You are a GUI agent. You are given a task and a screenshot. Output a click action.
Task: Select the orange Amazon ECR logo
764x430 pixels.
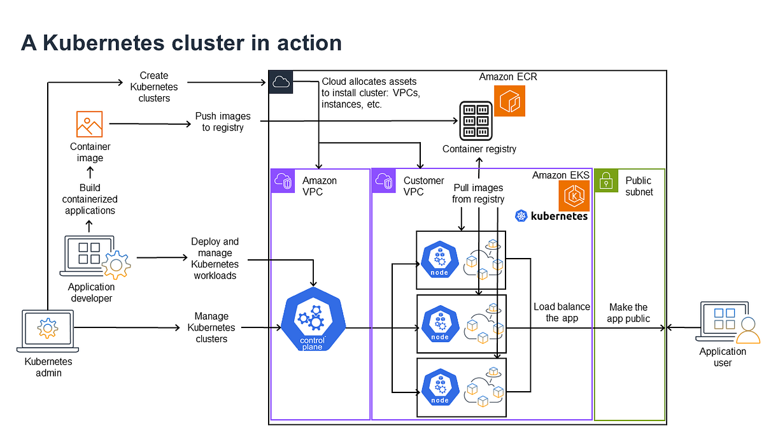(x=509, y=101)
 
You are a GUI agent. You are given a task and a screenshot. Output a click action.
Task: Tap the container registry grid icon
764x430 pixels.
(x=476, y=120)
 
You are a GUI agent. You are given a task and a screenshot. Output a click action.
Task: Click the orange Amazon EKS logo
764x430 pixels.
(x=574, y=196)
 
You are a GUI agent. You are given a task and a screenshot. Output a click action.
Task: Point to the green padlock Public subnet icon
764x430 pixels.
(x=606, y=181)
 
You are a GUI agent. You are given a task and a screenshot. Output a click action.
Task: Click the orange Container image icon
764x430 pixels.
(x=89, y=124)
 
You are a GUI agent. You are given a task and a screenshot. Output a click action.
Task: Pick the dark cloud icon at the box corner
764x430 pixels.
(x=280, y=82)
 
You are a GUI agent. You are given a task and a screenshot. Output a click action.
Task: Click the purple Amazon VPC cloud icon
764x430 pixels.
(x=283, y=181)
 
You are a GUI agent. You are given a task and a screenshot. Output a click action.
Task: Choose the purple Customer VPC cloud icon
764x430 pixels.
(x=384, y=181)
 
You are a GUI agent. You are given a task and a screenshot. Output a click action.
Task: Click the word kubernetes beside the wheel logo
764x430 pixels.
(x=559, y=217)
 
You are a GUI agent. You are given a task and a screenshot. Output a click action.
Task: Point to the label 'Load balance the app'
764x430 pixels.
(x=562, y=312)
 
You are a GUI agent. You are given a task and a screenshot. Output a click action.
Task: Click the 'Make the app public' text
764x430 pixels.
(x=628, y=312)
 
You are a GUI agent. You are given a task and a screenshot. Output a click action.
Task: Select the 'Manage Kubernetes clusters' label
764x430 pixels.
(x=211, y=327)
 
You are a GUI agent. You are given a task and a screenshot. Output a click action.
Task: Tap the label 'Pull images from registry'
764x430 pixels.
(x=478, y=194)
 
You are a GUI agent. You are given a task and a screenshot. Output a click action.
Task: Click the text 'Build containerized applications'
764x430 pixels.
(x=89, y=199)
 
